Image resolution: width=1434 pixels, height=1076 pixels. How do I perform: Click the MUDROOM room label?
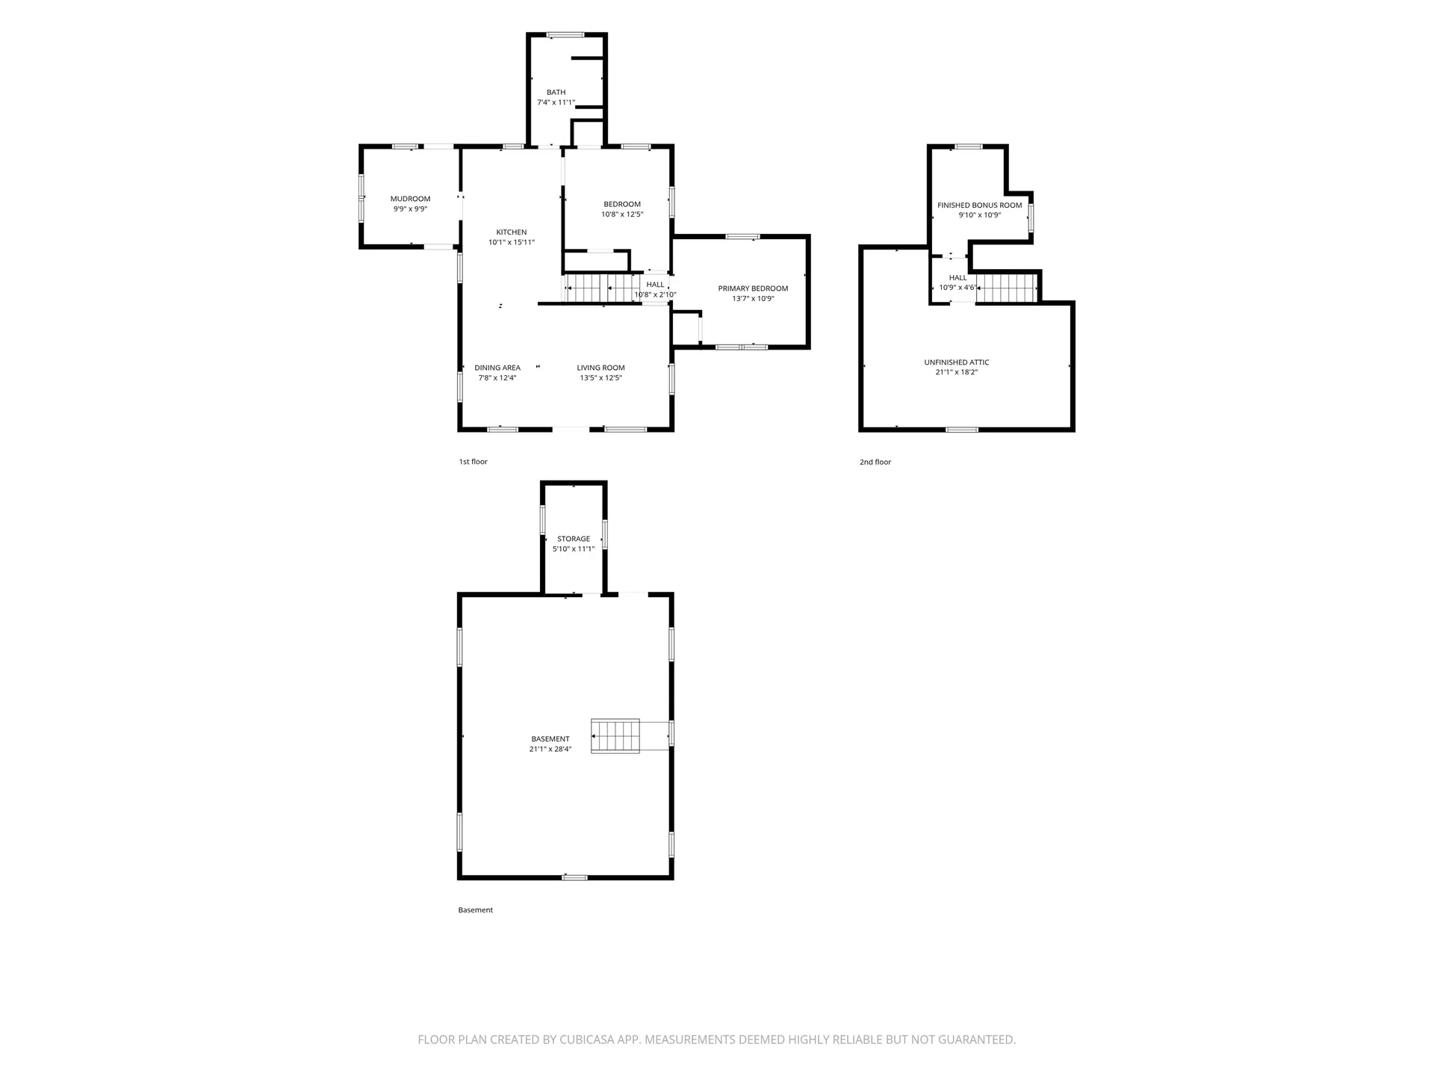(x=410, y=199)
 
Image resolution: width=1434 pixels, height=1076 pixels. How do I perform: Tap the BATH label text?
(x=556, y=93)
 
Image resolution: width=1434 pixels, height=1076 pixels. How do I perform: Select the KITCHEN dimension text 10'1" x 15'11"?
(x=512, y=242)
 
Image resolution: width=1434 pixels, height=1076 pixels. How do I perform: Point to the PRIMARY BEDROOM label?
(x=753, y=288)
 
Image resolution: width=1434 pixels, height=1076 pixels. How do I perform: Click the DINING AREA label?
(x=497, y=368)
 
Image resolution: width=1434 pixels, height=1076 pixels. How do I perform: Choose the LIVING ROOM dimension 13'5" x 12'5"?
(x=600, y=378)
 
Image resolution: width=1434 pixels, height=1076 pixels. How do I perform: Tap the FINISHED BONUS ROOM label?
(x=979, y=205)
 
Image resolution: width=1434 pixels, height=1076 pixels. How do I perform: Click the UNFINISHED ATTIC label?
(x=957, y=362)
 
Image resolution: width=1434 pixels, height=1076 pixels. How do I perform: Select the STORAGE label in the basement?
(x=574, y=539)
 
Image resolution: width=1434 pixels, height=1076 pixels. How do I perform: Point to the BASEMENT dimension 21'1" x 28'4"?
(x=550, y=749)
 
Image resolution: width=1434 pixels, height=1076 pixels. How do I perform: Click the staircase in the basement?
(x=615, y=736)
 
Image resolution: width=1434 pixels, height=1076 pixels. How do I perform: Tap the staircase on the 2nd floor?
(x=1007, y=288)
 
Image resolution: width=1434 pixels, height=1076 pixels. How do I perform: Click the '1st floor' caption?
(x=473, y=462)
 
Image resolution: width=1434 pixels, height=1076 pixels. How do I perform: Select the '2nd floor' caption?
(x=875, y=462)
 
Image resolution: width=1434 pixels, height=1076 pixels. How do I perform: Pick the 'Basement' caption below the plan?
(x=475, y=910)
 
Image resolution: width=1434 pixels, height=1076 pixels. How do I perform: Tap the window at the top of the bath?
(x=565, y=34)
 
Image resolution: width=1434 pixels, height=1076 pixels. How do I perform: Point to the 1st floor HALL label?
(x=655, y=285)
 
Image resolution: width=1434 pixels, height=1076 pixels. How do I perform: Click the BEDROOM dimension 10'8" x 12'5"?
(x=622, y=214)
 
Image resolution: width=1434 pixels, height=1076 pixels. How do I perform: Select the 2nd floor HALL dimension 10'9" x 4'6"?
(x=957, y=288)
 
